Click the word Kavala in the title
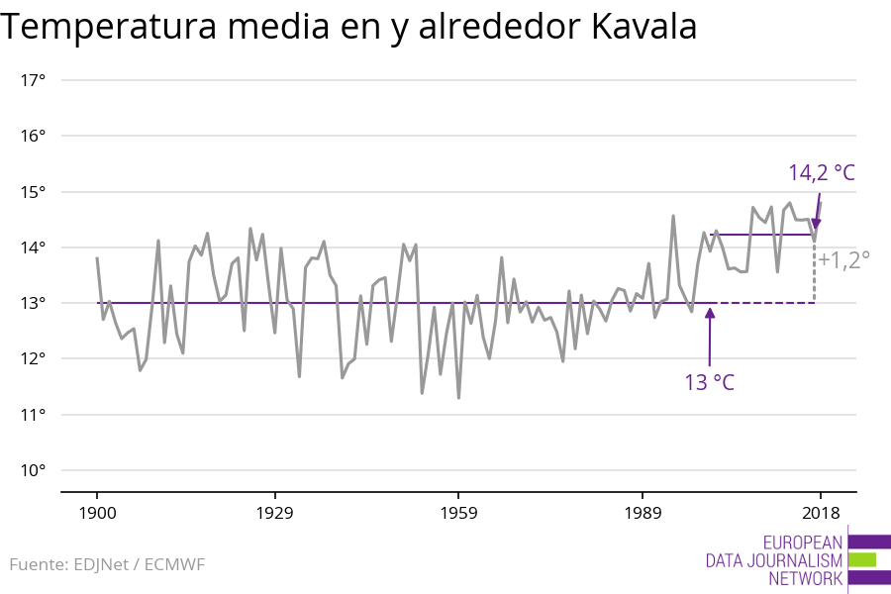pos(643,27)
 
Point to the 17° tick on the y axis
pos(34,80)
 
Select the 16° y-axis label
pos(34,136)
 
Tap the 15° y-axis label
pos(34,191)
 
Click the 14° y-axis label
pos(34,247)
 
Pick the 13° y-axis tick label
pos(34,303)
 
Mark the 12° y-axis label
pos(34,358)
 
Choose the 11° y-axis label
pos(34,414)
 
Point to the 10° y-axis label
pos(34,470)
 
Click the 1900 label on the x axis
pos(97,513)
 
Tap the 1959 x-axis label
pos(458,513)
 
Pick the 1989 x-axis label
pos(643,513)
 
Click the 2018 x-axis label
pos(820,513)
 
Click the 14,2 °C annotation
pos(821,173)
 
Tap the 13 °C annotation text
pos(709,382)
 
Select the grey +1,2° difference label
pos(843,260)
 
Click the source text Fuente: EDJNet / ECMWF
pos(107,565)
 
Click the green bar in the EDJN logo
pos(862,559)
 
